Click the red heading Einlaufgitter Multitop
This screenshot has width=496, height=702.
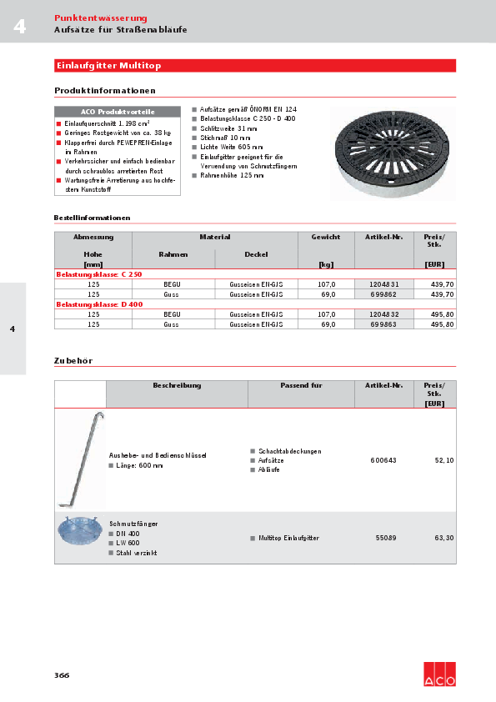point(108,65)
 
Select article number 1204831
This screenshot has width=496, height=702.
point(383,284)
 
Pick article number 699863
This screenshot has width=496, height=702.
point(383,324)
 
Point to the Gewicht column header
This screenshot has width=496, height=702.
point(326,238)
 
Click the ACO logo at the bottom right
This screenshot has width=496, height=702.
point(439,674)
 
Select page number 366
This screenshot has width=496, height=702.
point(62,674)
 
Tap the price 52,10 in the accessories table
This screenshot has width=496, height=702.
point(443,460)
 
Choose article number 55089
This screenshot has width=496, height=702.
point(383,539)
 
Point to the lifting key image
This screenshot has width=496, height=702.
point(81,459)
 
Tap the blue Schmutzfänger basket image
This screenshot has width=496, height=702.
point(81,531)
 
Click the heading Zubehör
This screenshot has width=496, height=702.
point(73,361)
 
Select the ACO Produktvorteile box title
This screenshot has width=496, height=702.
point(118,112)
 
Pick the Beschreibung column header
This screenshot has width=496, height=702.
point(177,386)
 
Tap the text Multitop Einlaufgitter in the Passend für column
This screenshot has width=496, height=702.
point(288,539)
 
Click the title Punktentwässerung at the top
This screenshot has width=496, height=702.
point(101,18)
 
